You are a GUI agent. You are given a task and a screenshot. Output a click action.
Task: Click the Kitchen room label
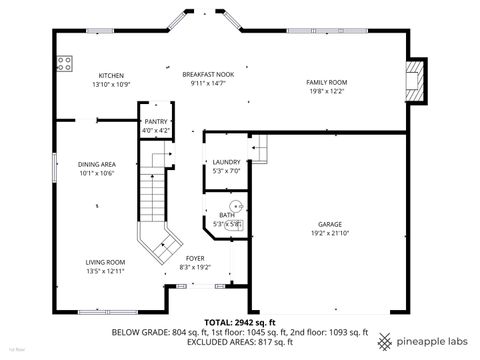tap(111, 75)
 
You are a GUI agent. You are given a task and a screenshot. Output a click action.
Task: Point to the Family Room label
tap(326, 82)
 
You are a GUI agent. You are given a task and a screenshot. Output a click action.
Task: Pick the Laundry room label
tap(227, 162)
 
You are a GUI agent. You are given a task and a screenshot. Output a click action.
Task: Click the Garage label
tap(332, 225)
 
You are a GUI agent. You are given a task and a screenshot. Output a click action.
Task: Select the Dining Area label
tap(98, 164)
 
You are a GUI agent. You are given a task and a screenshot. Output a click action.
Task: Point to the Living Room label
tap(105, 262)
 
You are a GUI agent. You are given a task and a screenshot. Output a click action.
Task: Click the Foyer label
tap(195, 259)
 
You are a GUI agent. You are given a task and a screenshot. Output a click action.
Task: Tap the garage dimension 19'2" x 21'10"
tap(332, 234)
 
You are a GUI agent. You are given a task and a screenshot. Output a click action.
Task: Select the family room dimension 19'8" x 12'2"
tap(326, 91)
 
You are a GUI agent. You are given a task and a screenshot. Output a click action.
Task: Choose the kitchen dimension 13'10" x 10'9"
tap(111, 84)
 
